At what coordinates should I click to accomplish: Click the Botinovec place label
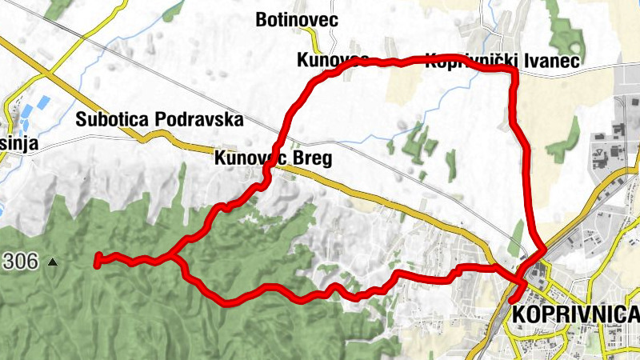295,19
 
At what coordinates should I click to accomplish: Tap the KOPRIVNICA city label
575,314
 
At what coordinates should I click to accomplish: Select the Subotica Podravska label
159,120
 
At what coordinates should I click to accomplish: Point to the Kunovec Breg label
273,158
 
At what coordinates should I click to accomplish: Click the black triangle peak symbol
53,262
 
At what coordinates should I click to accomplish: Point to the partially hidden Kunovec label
332,60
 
